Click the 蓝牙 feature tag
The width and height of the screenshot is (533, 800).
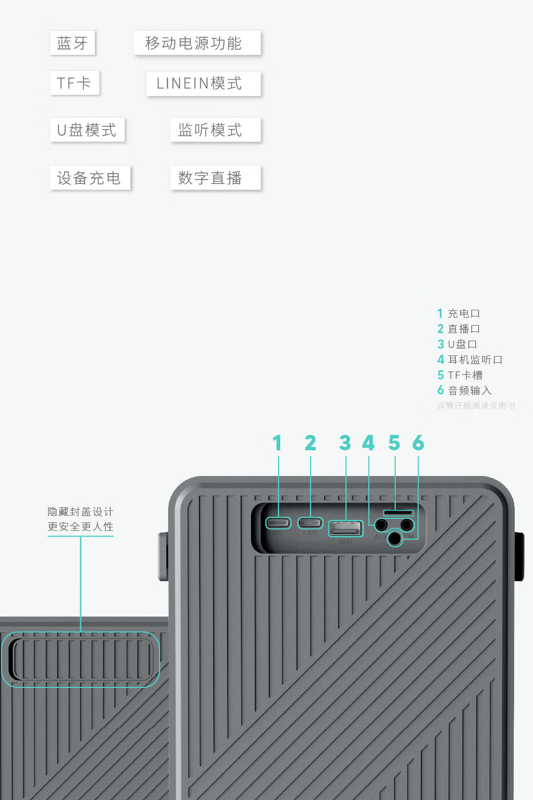click(x=73, y=43)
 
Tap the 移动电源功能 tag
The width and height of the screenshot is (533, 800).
click(x=197, y=43)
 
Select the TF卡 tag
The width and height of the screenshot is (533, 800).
click(x=74, y=83)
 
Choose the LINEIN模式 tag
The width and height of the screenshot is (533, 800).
click(x=203, y=84)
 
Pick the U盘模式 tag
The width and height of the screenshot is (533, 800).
click(x=87, y=130)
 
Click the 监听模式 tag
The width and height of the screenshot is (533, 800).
click(x=215, y=130)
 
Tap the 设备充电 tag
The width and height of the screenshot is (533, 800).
click(x=90, y=178)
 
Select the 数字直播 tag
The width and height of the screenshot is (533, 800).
click(x=215, y=178)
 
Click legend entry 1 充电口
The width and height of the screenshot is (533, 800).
click(x=459, y=313)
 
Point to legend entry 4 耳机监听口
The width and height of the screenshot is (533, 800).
click(x=470, y=359)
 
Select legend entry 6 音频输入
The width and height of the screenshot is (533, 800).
click(x=464, y=390)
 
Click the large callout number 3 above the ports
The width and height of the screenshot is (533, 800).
click(x=345, y=443)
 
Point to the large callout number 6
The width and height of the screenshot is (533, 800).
click(x=418, y=443)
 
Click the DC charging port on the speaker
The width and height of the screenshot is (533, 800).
click(x=279, y=523)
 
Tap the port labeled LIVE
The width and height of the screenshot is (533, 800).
click(x=311, y=523)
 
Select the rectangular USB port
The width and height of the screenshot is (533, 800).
click(x=345, y=529)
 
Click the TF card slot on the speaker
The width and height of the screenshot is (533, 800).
click(x=398, y=513)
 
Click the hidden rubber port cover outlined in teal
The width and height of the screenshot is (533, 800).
click(x=81, y=659)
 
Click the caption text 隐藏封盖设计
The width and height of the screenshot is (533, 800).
click(x=81, y=511)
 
